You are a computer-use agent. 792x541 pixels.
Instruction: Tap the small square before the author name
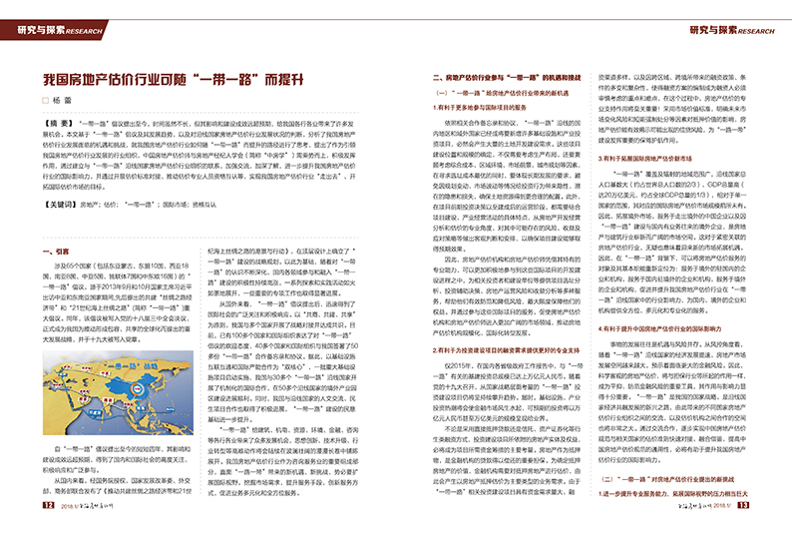pos(44,101)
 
